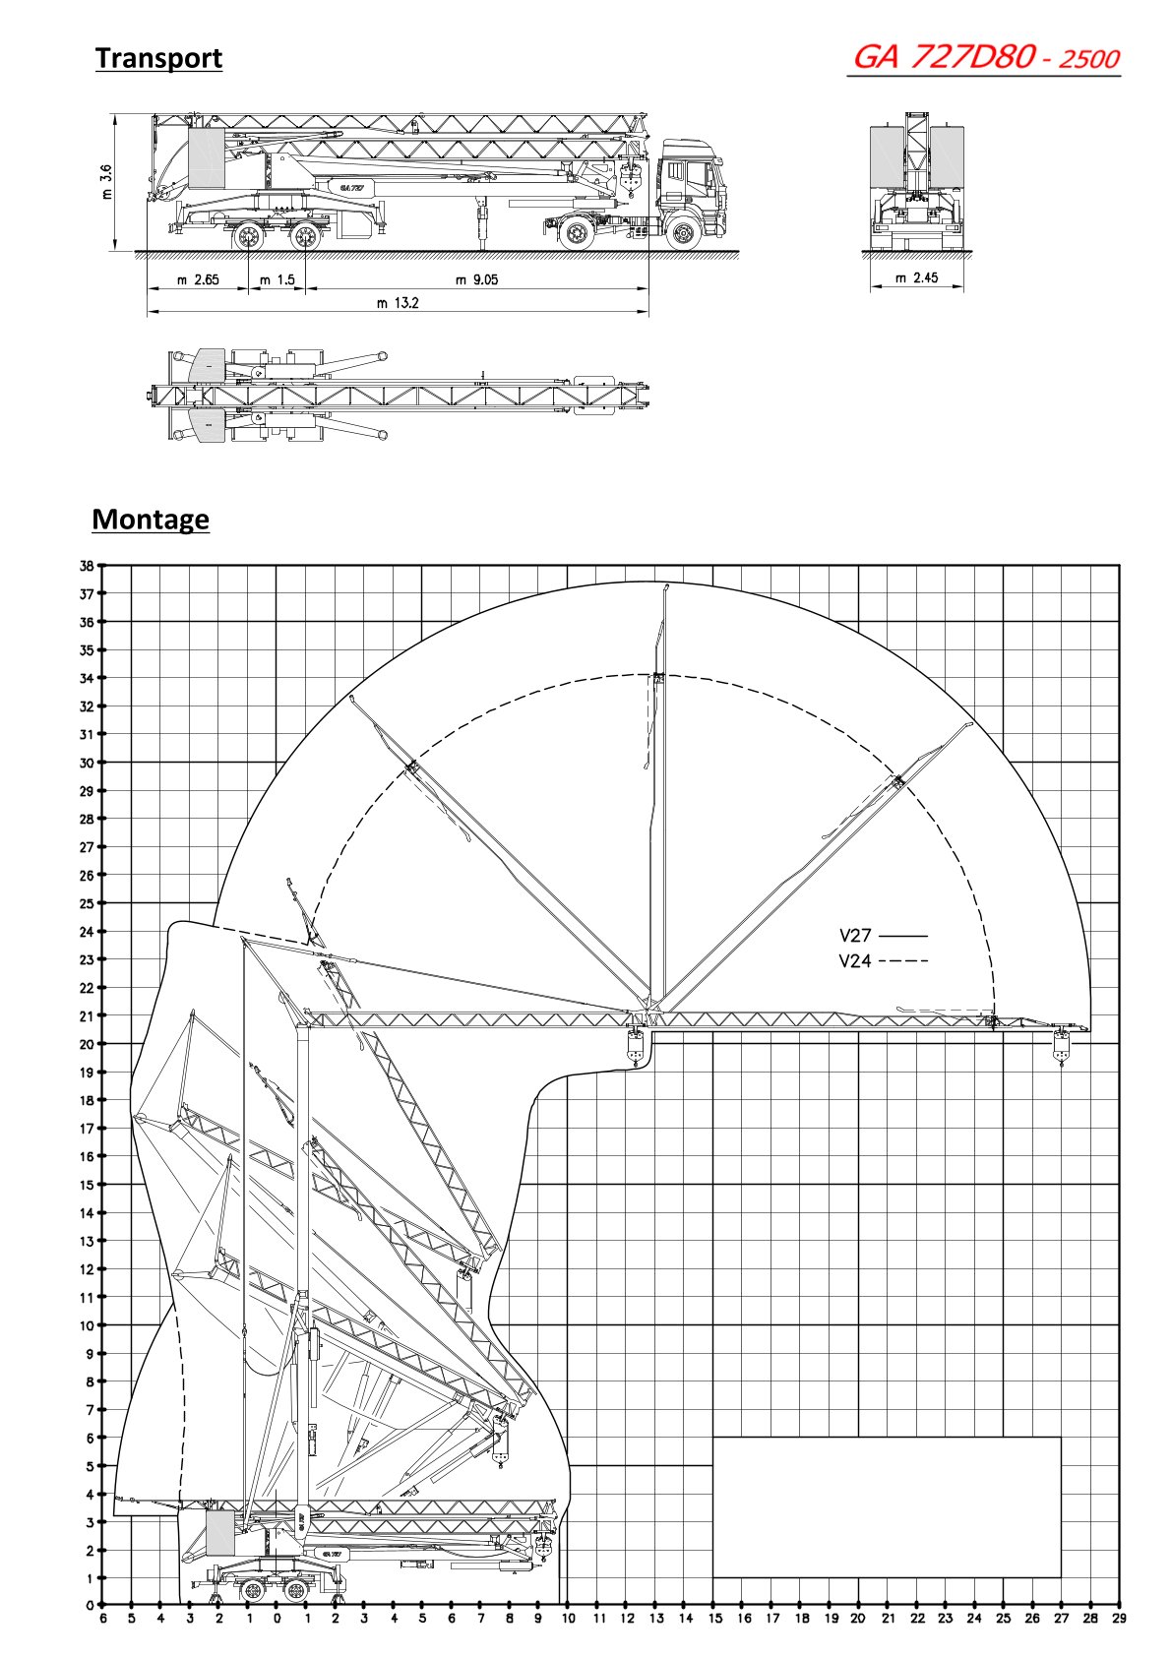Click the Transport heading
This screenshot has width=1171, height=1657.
coord(158,58)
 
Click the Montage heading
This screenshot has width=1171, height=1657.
coord(151,519)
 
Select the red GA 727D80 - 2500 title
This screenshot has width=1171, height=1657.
coord(985,57)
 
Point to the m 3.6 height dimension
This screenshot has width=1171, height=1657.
coord(106,182)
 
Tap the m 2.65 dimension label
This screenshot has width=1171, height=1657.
coord(198,279)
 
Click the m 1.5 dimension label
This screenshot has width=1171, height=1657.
coord(277,279)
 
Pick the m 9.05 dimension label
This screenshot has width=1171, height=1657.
coord(476,279)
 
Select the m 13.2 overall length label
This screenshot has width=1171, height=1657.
coord(398,303)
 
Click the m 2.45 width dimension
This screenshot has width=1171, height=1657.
coord(916,278)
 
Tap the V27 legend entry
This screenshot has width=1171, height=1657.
coord(855,936)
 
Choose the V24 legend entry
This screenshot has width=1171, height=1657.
coord(855,961)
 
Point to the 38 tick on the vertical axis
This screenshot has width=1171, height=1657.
coord(87,566)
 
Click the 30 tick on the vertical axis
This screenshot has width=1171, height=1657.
coord(87,763)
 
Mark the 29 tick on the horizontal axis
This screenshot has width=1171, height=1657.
coord(1119,1618)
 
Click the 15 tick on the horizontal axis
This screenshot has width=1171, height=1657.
coord(714,1618)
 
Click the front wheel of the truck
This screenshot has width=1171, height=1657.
coord(682,234)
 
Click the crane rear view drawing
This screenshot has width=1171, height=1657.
coord(917,182)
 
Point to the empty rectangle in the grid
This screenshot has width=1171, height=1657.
coord(886,1506)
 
